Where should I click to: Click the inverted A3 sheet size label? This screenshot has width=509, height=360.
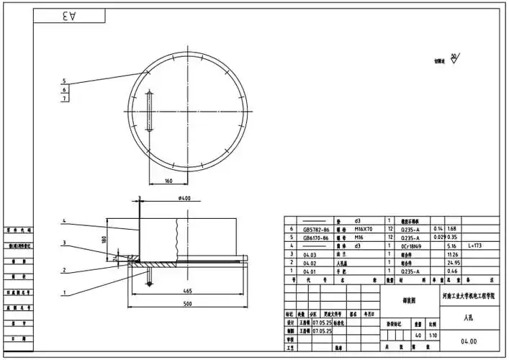69,15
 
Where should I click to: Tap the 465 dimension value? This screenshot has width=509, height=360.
186,291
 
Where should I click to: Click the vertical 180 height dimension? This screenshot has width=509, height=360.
106,238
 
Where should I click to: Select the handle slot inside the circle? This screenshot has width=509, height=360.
148,112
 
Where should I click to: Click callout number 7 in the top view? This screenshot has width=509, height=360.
64,99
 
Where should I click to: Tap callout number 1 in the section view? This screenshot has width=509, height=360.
64,293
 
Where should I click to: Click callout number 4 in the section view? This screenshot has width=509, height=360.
64,221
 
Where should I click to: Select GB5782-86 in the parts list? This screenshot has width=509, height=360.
316,228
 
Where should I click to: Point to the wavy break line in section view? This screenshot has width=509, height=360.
176,238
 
